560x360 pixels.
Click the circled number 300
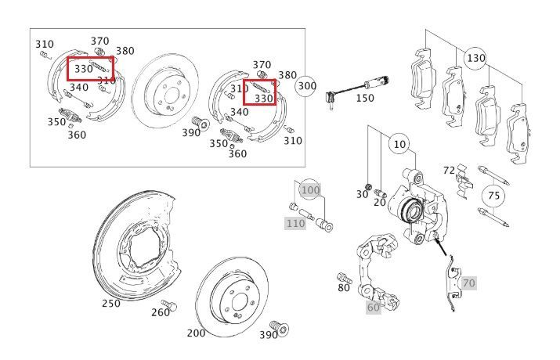[x=307, y=86]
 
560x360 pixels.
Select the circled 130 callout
[x=475, y=58]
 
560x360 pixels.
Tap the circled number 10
[x=399, y=144]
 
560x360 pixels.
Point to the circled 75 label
[x=493, y=196]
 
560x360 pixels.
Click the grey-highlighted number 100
[x=310, y=190]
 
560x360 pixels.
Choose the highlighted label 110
[x=295, y=223]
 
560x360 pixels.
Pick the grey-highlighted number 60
[x=374, y=307]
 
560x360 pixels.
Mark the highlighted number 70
[x=468, y=283]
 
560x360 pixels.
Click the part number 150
[x=365, y=98]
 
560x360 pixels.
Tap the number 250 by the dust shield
[x=111, y=304]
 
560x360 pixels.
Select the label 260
[x=161, y=312]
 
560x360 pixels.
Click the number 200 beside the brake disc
[x=196, y=333]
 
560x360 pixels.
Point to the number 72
[x=449, y=171]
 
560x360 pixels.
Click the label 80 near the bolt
[x=344, y=287]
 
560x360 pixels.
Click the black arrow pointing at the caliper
[x=440, y=246]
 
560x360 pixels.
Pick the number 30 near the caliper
[x=362, y=194]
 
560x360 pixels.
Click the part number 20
[x=380, y=202]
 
